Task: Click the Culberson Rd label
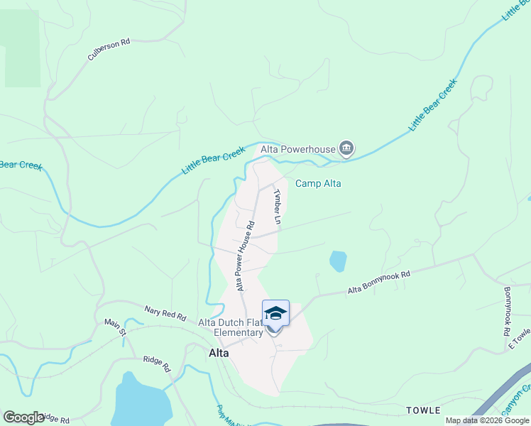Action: pos(109,50)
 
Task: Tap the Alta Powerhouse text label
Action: pos(298,149)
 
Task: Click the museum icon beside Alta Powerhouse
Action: pos(346,148)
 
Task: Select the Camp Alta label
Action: pos(318,183)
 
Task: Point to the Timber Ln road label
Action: pos(278,207)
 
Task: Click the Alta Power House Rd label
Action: pos(246,256)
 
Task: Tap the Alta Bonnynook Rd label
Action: pos(379,282)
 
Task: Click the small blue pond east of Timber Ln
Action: pos(338,261)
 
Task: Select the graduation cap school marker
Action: pos(275,313)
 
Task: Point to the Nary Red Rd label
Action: pos(165,312)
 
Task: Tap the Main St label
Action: pos(115,327)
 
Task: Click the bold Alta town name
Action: pos(219,353)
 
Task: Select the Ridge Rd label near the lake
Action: pos(157,364)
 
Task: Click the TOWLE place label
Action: pos(423,410)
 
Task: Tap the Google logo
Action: pos(24,417)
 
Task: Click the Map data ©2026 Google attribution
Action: pos(487,420)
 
